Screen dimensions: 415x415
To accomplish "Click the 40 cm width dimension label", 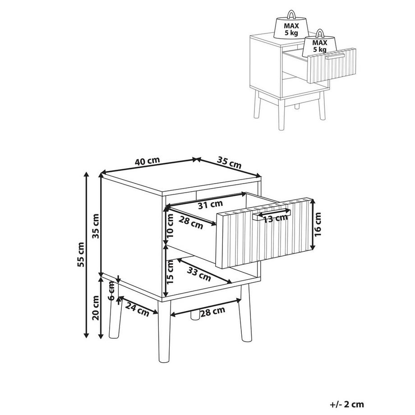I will (147, 161).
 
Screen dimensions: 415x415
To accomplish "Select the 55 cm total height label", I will (81, 255).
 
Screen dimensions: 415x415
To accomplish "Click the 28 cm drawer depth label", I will (190, 223).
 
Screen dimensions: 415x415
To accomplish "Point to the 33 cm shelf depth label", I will (199, 272).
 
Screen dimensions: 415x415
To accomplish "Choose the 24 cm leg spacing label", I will (137, 310).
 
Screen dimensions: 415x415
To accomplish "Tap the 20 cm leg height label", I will (96, 308).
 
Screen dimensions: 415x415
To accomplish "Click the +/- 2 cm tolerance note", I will (347, 405).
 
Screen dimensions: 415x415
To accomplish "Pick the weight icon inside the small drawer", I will (319, 43).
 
